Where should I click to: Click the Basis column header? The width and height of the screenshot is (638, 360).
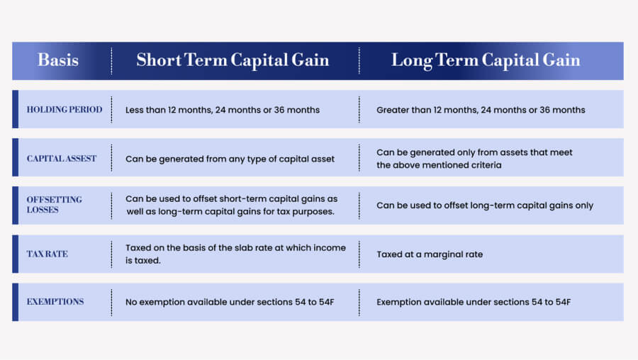tap(58, 60)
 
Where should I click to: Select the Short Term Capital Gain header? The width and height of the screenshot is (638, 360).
tap(233, 60)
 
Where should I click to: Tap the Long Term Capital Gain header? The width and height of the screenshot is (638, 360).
tap(486, 60)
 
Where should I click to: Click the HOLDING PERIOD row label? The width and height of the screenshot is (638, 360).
tap(65, 109)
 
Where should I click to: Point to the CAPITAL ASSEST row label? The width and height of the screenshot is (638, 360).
tap(62, 158)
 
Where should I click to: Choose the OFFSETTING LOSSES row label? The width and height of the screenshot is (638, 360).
tap(55, 205)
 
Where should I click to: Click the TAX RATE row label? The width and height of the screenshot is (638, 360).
tap(47, 254)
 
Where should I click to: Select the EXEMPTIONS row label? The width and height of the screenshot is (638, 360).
tap(55, 301)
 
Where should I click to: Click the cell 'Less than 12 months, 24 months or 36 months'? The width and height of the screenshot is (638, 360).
tap(223, 110)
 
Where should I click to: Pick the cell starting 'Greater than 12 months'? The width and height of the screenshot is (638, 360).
tap(481, 110)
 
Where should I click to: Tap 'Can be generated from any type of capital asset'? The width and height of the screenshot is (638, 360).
tap(230, 159)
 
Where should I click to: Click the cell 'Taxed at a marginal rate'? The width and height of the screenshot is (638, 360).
tap(430, 254)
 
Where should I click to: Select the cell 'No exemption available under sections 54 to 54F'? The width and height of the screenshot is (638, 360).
tap(230, 302)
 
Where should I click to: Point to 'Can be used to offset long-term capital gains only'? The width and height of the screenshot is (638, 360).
tap(485, 206)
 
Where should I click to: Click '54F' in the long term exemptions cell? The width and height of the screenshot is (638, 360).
tap(563, 302)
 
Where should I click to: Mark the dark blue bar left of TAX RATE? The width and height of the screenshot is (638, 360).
tap(16, 254)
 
